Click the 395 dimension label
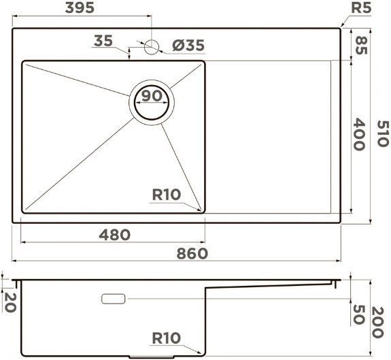[80, 7]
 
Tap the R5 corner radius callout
[361, 7]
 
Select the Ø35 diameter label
[188, 45]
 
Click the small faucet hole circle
[152, 47]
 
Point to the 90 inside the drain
[152, 96]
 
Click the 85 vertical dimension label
[361, 45]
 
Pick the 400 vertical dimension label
[359, 135]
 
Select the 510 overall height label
[383, 133]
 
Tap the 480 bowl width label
[115, 235]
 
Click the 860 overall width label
[192, 254]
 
